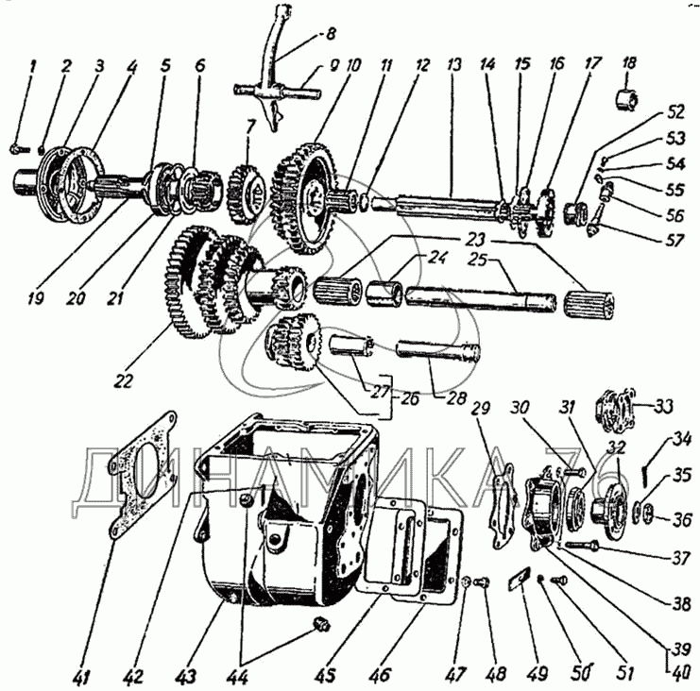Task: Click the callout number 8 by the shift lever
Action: tap(331, 34)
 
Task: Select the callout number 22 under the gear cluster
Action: tap(124, 379)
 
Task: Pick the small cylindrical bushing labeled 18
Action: tap(627, 98)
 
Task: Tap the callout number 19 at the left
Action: tap(35, 297)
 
